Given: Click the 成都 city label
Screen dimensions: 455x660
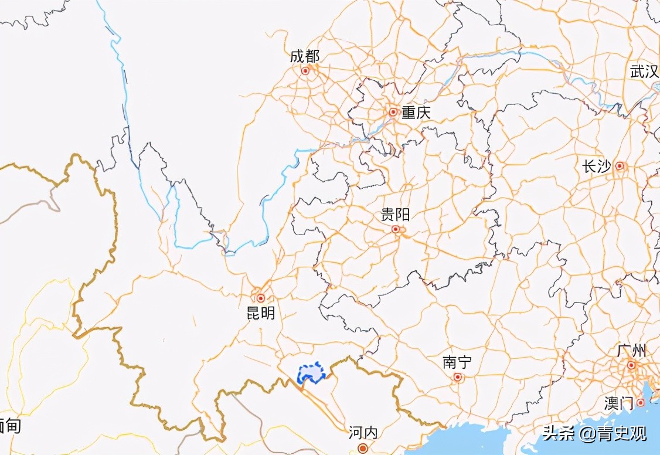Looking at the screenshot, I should pos(305,56).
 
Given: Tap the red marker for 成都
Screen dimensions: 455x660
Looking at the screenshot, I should pos(305,71).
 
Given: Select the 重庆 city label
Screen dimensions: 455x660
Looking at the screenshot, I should pos(416,113).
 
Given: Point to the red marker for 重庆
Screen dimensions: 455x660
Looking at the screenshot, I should pos(393,111).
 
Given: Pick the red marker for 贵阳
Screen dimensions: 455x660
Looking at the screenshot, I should pos(396,229).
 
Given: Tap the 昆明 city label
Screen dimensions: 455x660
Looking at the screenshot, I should pos(261,314).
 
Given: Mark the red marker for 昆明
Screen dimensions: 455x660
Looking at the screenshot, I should pos(261,298).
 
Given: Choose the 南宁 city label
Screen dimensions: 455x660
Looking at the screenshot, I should pos(457,362).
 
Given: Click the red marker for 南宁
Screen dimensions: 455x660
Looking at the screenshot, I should pos(457,377).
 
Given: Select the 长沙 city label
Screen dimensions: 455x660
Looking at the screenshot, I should pos(596,167).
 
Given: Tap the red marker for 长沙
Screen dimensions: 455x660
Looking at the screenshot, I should pos(619,167).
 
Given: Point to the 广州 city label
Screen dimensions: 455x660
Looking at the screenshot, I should pos(631,351).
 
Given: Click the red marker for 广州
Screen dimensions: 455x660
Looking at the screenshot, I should pos(631,365).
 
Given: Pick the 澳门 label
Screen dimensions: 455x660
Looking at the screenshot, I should pos(618,403).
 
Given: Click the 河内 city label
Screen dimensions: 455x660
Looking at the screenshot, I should pos(363,433).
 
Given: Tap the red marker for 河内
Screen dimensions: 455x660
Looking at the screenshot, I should pos(363,449).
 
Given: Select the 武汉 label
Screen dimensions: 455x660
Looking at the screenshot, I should pos(644,72).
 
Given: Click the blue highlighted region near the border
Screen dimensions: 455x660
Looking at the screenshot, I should pos(312,373).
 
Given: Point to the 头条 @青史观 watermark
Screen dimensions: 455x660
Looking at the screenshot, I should pos(594,434).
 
